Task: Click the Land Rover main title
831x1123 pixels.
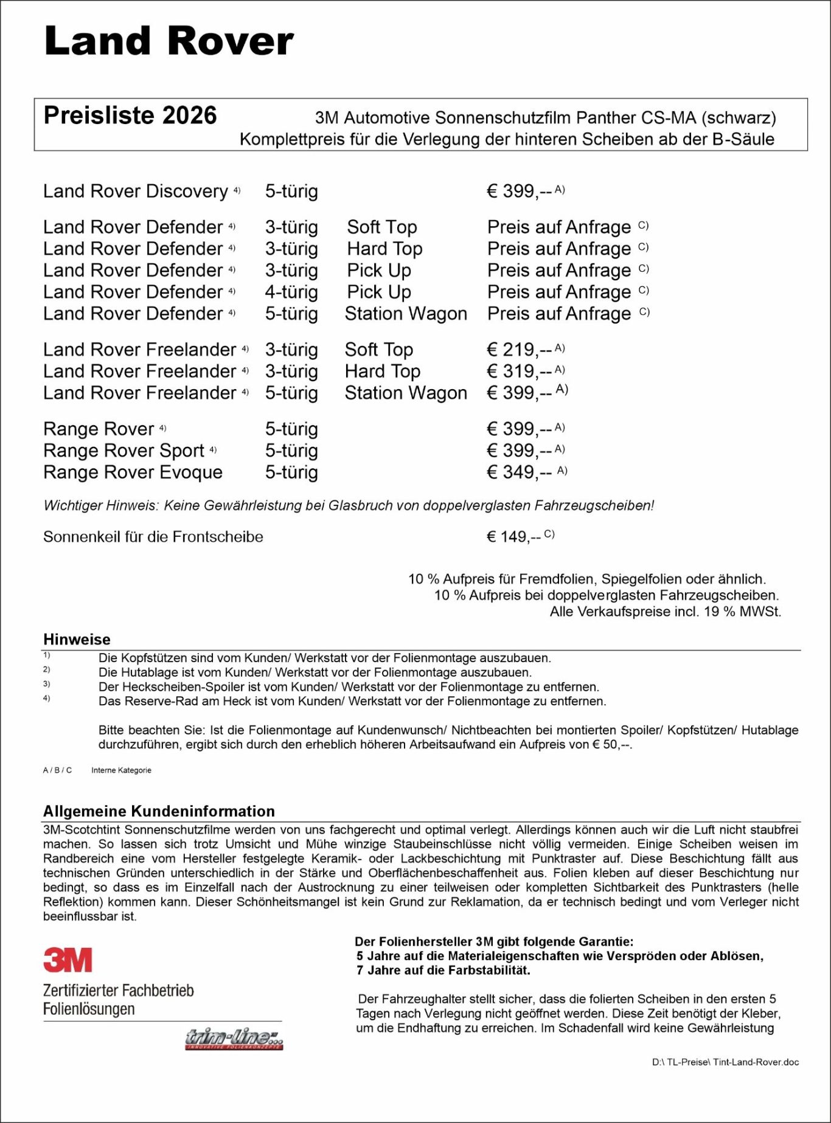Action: pyautogui.click(x=169, y=41)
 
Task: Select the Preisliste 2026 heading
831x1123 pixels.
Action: pyautogui.click(x=130, y=116)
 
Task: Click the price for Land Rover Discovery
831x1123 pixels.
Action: pyautogui.click(x=519, y=192)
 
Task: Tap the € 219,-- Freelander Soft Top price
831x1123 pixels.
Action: pyautogui.click(x=519, y=350)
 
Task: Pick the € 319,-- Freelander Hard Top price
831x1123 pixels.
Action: pyautogui.click(x=519, y=371)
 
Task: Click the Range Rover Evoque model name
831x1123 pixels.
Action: pyautogui.click(x=133, y=472)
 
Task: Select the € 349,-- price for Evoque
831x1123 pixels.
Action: pyautogui.click(x=519, y=472)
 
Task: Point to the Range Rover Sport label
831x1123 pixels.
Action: pyautogui.click(x=123, y=451)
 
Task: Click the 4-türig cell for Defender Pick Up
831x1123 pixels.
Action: pyautogui.click(x=291, y=292)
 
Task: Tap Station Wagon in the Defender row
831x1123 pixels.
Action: pyautogui.click(x=406, y=314)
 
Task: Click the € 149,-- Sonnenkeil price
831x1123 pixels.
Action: pyautogui.click(x=513, y=537)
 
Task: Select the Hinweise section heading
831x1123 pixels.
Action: pyautogui.click(x=77, y=640)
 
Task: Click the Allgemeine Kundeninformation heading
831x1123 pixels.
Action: pyautogui.click(x=159, y=812)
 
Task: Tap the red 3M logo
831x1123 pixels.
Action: pyautogui.click(x=68, y=960)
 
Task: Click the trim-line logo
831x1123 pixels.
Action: pyautogui.click(x=234, y=1038)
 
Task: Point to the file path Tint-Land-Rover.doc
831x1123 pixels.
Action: pyautogui.click(x=725, y=1062)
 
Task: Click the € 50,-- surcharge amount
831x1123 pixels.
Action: pyautogui.click(x=611, y=745)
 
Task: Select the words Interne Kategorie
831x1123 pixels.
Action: pyautogui.click(x=121, y=770)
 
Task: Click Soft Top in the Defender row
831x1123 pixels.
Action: pyautogui.click(x=381, y=227)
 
